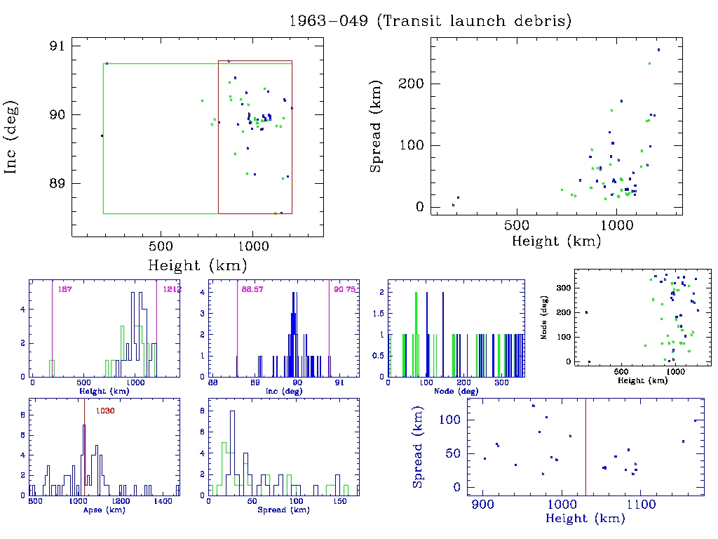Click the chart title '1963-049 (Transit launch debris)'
pyautogui.click(x=430, y=21)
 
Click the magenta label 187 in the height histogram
pyautogui.click(x=65, y=289)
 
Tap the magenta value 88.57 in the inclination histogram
pyautogui.click(x=251, y=289)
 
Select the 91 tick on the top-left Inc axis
pyautogui.click(x=56, y=46)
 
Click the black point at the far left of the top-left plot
pyautogui.click(x=102, y=135)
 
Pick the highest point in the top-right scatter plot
pyautogui.click(x=658, y=50)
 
